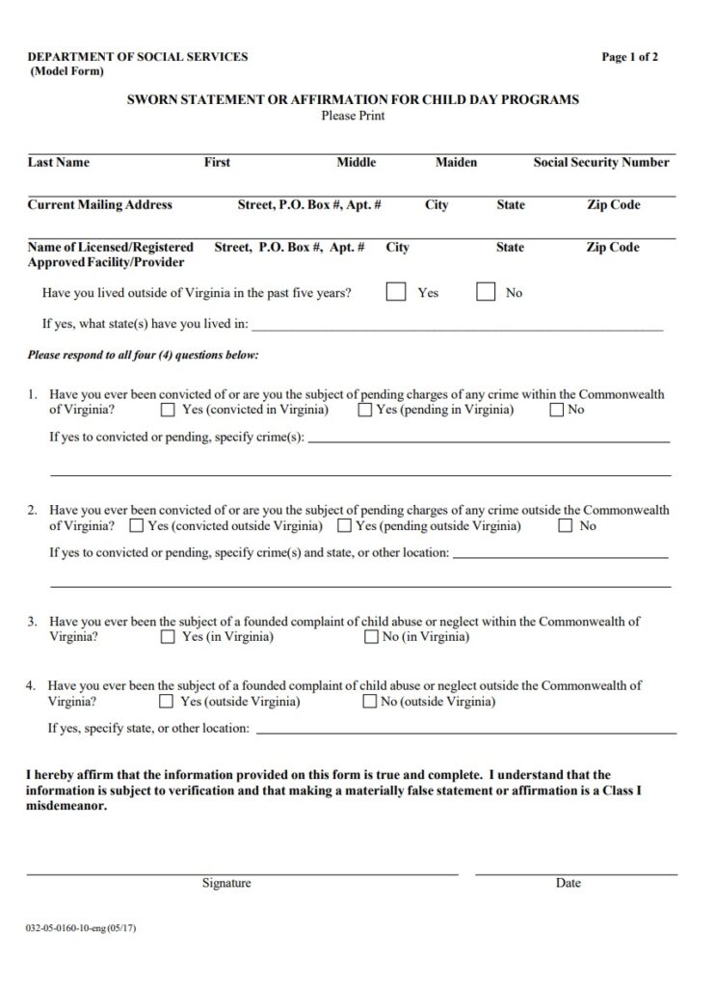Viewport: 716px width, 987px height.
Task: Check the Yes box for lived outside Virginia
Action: [x=395, y=292]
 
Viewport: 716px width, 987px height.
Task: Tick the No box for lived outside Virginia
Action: [x=486, y=292]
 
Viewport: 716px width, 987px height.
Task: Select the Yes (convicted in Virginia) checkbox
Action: [x=168, y=411]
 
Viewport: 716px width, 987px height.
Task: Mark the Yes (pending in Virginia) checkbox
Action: [x=365, y=411]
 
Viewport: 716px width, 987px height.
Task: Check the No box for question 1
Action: [x=557, y=411]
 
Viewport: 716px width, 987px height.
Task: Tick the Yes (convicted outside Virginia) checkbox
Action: [x=136, y=526]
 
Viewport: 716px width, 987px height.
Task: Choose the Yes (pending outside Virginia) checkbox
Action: [x=344, y=526]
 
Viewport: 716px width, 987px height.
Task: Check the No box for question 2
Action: [x=566, y=526]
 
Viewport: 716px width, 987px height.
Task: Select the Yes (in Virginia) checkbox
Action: [x=168, y=637]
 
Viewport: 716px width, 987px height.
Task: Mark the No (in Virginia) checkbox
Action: [x=371, y=637]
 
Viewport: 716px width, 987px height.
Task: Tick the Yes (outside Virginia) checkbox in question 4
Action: [x=166, y=702]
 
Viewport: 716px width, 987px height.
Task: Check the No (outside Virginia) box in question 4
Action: [x=369, y=702]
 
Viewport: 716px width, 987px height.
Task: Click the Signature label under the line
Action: [x=226, y=883]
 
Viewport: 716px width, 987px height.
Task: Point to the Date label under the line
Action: [x=568, y=883]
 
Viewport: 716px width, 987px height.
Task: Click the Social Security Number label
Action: [x=601, y=163]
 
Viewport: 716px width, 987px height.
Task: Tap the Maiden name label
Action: [x=456, y=163]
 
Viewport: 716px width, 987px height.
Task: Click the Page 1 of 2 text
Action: [x=630, y=57]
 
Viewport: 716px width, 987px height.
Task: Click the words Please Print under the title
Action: [x=353, y=116]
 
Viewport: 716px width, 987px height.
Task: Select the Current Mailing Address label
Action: [x=100, y=205]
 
